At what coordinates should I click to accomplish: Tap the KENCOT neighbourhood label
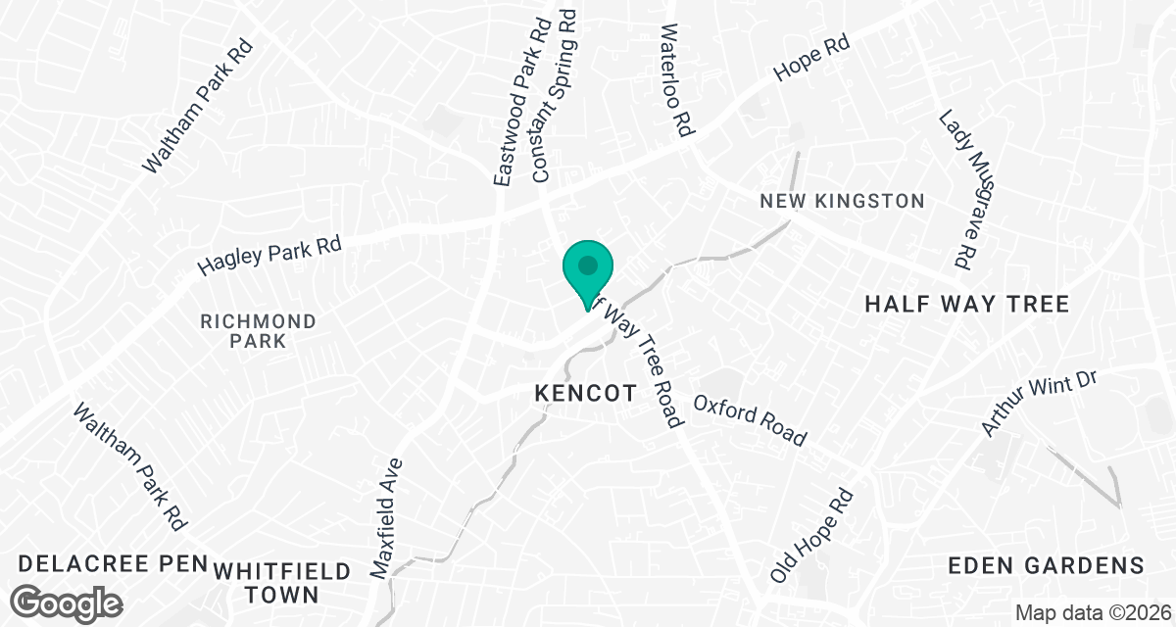pyautogui.click(x=585, y=393)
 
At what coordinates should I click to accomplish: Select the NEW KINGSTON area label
pyautogui.click(x=842, y=201)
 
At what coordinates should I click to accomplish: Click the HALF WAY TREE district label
pyautogui.click(x=966, y=304)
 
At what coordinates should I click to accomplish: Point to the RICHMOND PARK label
pyautogui.click(x=258, y=331)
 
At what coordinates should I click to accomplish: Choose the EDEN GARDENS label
pyautogui.click(x=1047, y=565)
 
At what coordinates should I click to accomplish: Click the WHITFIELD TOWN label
pyautogui.click(x=269, y=582)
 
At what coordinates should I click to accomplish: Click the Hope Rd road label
pyautogui.click(x=810, y=60)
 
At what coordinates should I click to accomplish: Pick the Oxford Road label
pyautogui.click(x=750, y=419)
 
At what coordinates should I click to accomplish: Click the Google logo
pyautogui.click(x=69, y=602)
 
